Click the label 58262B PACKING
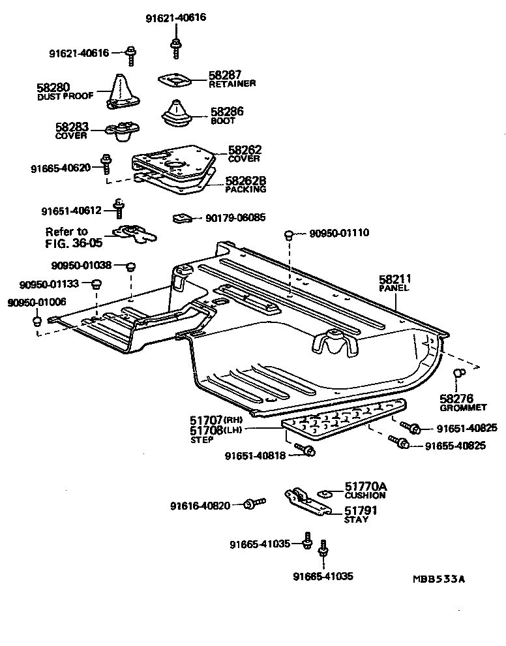[x=246, y=185]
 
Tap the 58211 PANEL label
[x=395, y=283]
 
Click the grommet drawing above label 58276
[x=458, y=373]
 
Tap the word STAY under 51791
[x=357, y=520]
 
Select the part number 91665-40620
[x=61, y=168]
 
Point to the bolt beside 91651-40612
[x=119, y=208]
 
